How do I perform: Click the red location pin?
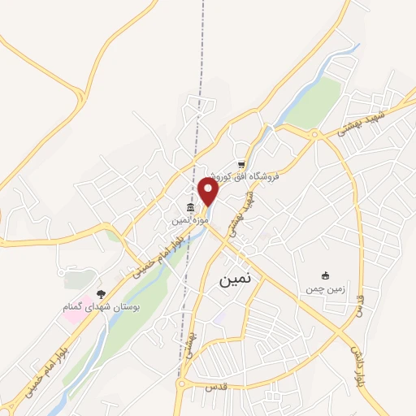point(209,192)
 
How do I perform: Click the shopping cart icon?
point(240,164)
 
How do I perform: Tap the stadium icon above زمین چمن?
point(326,276)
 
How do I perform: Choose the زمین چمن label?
point(325,288)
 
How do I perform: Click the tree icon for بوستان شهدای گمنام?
point(101,293)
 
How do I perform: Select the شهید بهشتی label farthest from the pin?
point(362,120)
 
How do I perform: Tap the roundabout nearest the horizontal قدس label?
point(184,383)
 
